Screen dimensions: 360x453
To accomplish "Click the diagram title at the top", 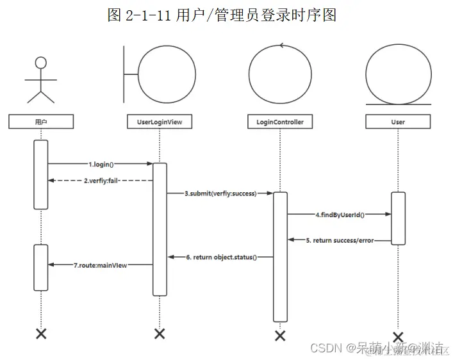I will (x=222, y=15).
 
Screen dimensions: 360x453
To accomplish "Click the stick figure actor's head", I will (x=41, y=63).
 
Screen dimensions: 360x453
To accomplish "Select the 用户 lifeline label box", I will (x=41, y=121).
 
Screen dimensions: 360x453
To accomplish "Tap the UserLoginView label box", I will (x=160, y=121).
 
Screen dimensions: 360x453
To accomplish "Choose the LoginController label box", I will (x=279, y=121).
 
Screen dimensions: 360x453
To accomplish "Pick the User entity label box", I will (x=398, y=121).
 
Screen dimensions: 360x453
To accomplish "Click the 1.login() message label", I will (x=106, y=164).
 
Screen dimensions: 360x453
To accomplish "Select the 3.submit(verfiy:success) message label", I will (x=220, y=193).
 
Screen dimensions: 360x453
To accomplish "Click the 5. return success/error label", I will (x=340, y=240).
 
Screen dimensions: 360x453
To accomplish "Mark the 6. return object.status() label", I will (x=221, y=257).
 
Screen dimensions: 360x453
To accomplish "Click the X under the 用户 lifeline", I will (x=41, y=333).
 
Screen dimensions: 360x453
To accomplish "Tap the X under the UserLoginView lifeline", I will (x=160, y=333).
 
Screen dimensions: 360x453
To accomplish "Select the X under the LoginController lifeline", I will (x=279, y=336).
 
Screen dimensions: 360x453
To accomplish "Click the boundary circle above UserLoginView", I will (x=167, y=75).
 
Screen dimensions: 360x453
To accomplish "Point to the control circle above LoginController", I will (x=279, y=75).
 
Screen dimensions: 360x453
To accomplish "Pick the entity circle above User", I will (x=398, y=73).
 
